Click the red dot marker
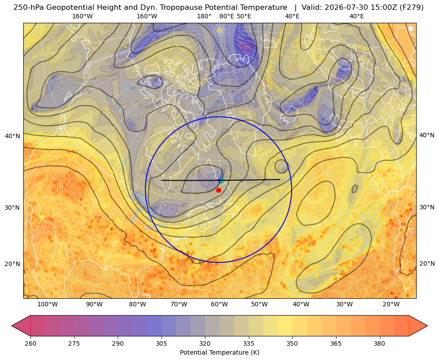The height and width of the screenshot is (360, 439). (218, 190)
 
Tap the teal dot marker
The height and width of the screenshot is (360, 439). (222, 180)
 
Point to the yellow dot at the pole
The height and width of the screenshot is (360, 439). (219, 30)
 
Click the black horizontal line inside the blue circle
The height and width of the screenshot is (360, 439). (221, 180)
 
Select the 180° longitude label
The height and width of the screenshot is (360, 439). (204, 17)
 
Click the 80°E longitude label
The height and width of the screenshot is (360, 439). (226, 17)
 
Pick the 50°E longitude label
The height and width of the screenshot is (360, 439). (244, 17)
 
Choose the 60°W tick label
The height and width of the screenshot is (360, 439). (219, 305)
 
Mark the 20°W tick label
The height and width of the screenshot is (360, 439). (391, 305)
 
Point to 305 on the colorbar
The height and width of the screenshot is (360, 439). (161, 343)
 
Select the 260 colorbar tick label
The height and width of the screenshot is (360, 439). (30, 343)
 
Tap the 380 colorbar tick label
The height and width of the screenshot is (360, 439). (379, 343)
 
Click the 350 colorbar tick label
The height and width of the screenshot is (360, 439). (292, 343)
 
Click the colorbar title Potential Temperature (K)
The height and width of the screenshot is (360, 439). (219, 352)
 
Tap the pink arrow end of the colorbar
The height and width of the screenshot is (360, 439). (21, 326)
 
